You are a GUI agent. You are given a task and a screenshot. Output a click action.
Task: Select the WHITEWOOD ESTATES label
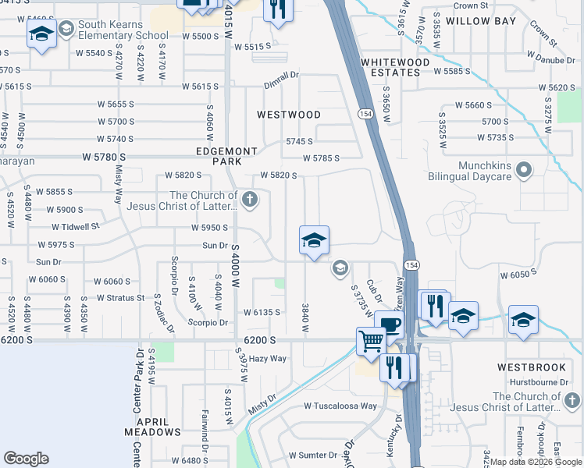(396, 67)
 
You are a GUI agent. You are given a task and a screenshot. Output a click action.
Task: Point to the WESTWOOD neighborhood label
(289, 115)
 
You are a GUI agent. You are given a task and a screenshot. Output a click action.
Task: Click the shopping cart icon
(371, 340)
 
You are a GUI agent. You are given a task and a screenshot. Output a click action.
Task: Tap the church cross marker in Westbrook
(572, 401)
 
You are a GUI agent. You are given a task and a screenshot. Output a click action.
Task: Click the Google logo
(26, 458)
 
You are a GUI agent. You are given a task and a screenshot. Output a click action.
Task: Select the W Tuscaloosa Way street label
(340, 406)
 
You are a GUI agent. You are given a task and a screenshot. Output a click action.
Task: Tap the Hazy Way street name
(268, 359)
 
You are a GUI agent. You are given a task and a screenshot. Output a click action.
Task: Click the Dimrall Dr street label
(282, 75)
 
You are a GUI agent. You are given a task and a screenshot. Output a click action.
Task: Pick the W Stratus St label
(121, 297)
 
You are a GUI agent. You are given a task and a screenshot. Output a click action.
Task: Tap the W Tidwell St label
(76, 227)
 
